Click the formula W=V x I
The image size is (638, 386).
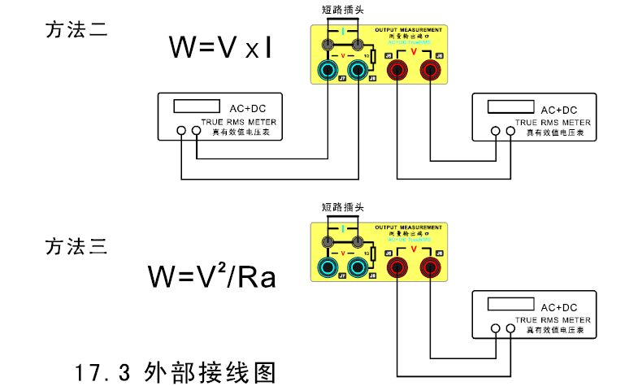(219, 48)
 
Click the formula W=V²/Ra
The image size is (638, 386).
(212, 275)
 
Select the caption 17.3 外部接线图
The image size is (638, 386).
(176, 372)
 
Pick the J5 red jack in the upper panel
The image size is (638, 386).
(397, 71)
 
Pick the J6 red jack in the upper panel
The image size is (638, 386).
(430, 71)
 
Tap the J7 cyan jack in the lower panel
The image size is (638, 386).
(327, 267)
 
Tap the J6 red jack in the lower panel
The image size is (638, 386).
(429, 267)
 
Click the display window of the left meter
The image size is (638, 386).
(198, 106)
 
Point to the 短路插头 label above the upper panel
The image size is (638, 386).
(345, 10)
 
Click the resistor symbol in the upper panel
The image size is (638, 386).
(371, 57)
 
